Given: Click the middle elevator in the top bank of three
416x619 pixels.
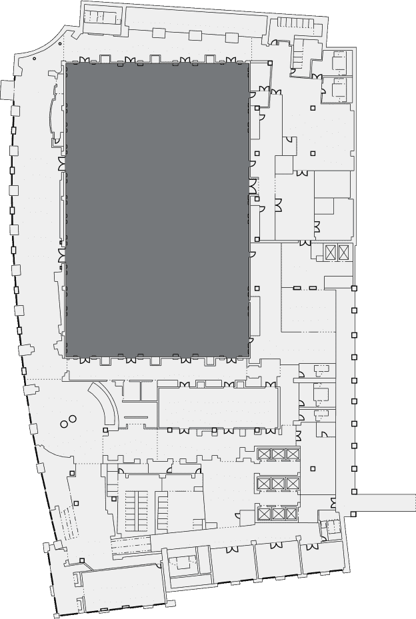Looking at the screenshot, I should coord(279,454).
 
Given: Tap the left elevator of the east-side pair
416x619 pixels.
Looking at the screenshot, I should coord(331,252).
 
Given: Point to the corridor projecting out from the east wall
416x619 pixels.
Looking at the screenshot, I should coord(383,502).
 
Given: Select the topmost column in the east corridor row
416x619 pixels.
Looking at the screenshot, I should coord(354,288).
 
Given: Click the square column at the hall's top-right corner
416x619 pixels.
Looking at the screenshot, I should coord(269,63).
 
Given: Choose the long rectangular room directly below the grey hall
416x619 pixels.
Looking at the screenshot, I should coord(218,406).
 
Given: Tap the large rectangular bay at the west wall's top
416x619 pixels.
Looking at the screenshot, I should coord(7,89).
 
